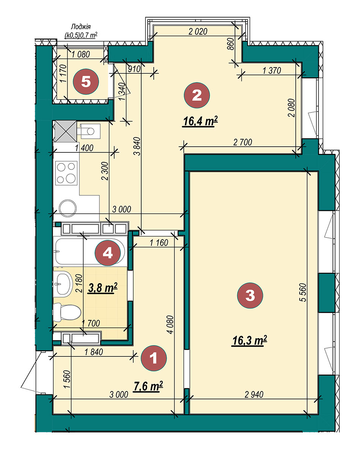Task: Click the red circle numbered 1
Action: pyautogui.click(x=154, y=358)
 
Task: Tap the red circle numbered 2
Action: pyautogui.click(x=197, y=95)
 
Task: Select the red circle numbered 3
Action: pyautogui.click(x=250, y=295)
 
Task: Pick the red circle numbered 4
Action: pyautogui.click(x=108, y=253)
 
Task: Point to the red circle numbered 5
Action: pyautogui.click(x=86, y=82)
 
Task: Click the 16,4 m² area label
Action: pyautogui.click(x=200, y=122)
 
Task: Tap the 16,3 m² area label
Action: pyautogui.click(x=249, y=341)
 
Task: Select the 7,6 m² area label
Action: pyautogui.click(x=148, y=386)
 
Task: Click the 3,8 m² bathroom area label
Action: pyautogui.click(x=103, y=288)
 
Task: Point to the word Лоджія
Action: pyautogui.click(x=80, y=27)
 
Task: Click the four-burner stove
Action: pyautogui.click(x=66, y=173)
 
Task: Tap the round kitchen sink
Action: pyautogui.click(x=68, y=208)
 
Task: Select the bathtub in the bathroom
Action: pyautogui.click(x=90, y=252)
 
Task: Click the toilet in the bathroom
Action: pyautogui.click(x=67, y=312)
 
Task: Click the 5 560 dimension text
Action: pyautogui.click(x=303, y=292)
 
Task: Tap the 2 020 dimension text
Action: pyautogui.click(x=198, y=32)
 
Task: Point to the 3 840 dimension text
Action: pyautogui.click(x=137, y=146)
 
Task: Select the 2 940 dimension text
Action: pyautogui.click(x=254, y=394)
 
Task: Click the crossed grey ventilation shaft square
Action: pyautogui.click(x=66, y=131)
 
